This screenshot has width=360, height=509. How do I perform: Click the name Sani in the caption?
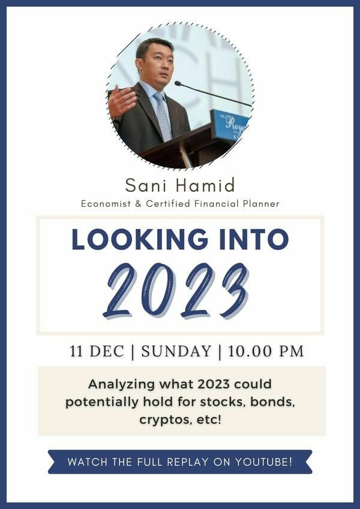pyautogui.click(x=146, y=185)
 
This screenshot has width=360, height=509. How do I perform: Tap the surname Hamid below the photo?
pyautogui.click(x=205, y=185)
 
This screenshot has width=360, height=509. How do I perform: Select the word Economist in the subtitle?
pyautogui.click(x=106, y=204)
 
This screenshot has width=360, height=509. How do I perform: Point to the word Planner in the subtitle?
pyautogui.click(x=261, y=204)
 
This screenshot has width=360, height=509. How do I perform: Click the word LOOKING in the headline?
pyautogui.click(x=140, y=240)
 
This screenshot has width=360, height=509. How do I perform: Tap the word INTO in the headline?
pyautogui.click(x=254, y=240)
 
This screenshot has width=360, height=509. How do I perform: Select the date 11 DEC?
pyautogui.click(x=97, y=351)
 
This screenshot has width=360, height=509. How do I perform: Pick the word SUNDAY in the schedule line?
pyautogui.click(x=176, y=351)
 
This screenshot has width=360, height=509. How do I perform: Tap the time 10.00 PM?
pyautogui.click(x=266, y=351)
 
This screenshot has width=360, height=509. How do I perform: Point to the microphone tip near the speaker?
pyautogui.click(x=178, y=83)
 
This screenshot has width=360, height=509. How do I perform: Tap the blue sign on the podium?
pyautogui.click(x=229, y=124)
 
